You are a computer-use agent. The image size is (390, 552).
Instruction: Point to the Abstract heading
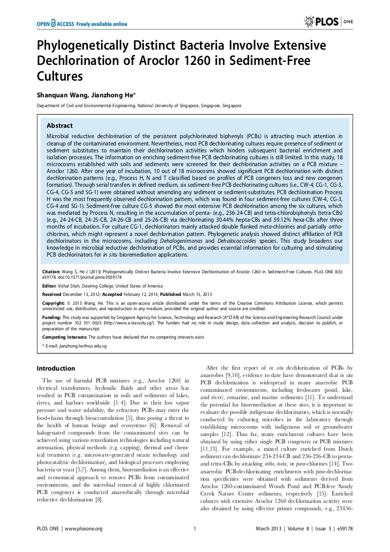click(59, 125)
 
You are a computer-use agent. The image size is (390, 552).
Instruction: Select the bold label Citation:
click(51, 270)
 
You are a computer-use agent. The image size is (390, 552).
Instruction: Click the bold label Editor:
click(49, 286)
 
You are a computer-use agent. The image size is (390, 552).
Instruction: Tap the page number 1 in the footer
click(195, 528)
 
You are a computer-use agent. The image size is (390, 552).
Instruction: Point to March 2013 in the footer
click(269, 528)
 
